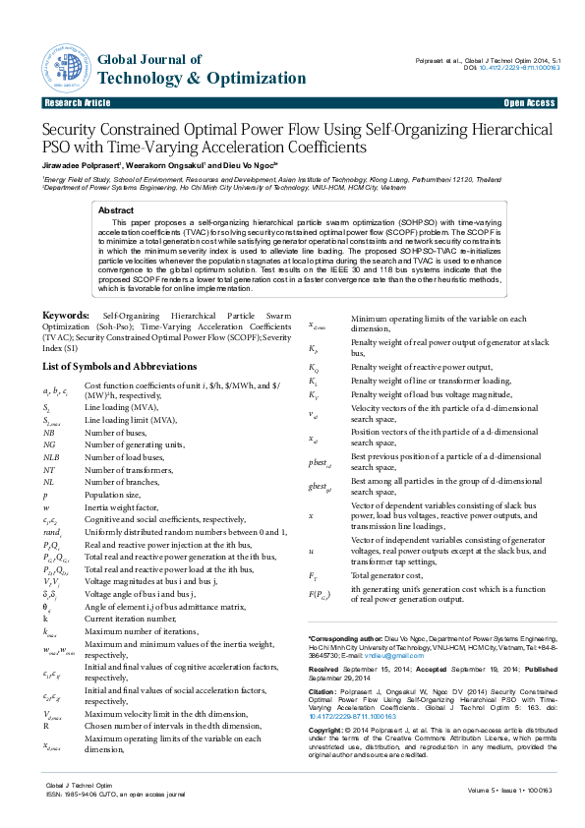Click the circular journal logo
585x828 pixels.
coord(66,61)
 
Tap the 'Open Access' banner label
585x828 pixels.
coord(529,102)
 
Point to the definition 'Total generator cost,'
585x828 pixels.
coord(386,574)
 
